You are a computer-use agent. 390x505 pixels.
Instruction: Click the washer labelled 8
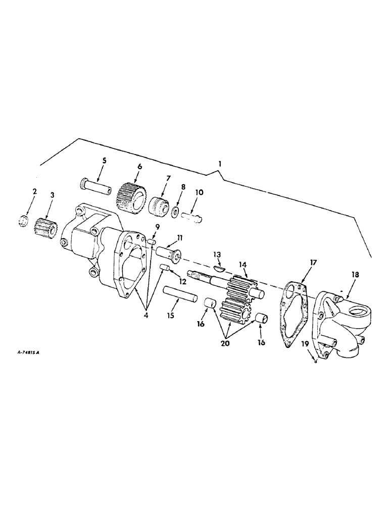pos(176,211)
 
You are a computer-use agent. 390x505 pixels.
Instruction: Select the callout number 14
pos(243,264)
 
